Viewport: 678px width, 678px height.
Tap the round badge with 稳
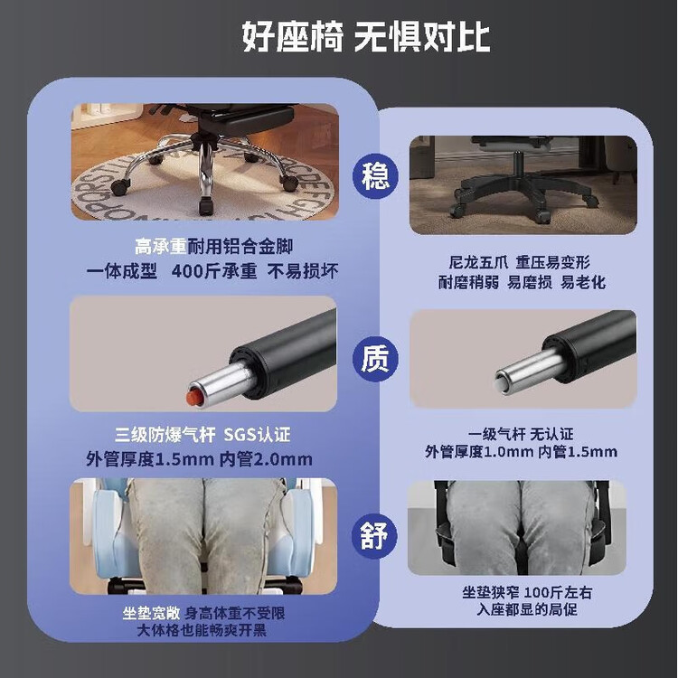375,176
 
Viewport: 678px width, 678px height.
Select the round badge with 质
375,359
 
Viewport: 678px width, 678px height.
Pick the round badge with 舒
375,535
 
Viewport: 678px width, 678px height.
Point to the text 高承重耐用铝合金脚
213,247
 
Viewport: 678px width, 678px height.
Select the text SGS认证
257,435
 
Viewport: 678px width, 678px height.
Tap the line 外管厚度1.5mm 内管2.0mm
199,458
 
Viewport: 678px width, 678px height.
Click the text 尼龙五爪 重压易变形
519,262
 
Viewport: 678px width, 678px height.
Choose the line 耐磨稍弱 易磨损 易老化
522,282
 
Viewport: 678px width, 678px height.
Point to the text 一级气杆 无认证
521,434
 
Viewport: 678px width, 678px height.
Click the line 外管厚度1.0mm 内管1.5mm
521,452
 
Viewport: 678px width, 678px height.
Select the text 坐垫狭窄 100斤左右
527,592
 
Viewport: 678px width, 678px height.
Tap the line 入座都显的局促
527,609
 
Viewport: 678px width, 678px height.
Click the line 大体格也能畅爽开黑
202,630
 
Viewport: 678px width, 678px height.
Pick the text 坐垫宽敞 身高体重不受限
203,613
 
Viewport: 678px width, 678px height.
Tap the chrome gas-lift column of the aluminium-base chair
206,170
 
